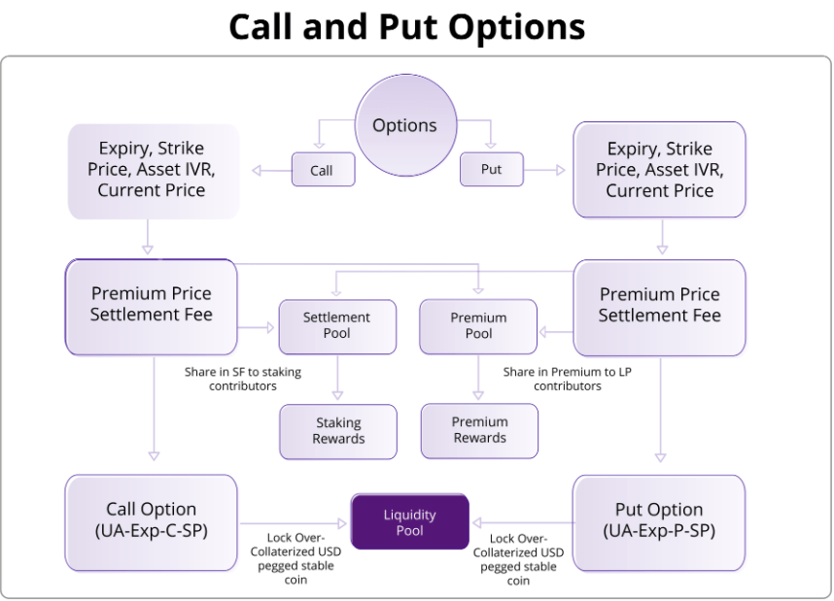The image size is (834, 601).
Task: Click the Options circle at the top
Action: click(x=405, y=125)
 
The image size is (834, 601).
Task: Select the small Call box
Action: click(x=323, y=170)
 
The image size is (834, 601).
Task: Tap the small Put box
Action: click(x=492, y=169)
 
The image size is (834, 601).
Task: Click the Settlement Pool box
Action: click(x=337, y=326)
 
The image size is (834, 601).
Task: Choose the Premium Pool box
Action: click(x=478, y=326)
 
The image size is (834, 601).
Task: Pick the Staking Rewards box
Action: click(x=338, y=431)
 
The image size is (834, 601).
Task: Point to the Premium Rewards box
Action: click(x=479, y=430)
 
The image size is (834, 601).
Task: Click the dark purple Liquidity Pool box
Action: click(x=409, y=521)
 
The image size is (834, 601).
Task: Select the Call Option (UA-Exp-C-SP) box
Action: click(x=151, y=523)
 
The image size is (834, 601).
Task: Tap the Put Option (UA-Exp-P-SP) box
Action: click(x=659, y=523)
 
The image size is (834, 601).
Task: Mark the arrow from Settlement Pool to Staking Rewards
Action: click(x=337, y=378)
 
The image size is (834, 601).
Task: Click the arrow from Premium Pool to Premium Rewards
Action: click(x=478, y=378)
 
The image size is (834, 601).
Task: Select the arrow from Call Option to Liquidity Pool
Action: click(x=294, y=523)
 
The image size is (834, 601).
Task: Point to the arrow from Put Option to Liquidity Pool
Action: click(x=523, y=523)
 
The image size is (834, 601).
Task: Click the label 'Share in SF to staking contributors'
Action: click(x=243, y=379)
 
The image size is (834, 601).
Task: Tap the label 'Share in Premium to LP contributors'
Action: click(x=567, y=379)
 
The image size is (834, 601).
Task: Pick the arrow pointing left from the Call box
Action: click(x=272, y=171)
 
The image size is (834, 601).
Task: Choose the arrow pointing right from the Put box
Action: click(x=544, y=170)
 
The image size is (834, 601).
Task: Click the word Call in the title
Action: click(x=262, y=26)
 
